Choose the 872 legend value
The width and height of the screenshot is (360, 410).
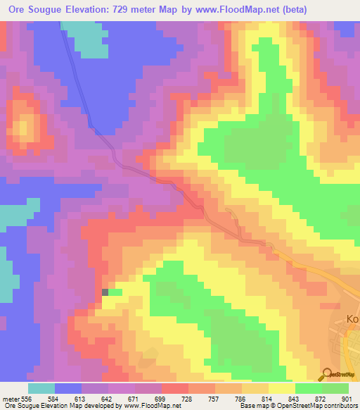coord(322,399)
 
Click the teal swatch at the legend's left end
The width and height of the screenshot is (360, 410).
coord(41,388)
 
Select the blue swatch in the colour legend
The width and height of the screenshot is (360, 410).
coord(68,388)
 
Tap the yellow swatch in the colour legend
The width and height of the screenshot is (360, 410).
coord(282,388)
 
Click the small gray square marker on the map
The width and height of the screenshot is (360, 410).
coord(105,292)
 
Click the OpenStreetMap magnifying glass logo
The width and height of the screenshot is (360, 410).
coord(326,374)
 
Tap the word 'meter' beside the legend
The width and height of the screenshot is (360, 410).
coord(11,399)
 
